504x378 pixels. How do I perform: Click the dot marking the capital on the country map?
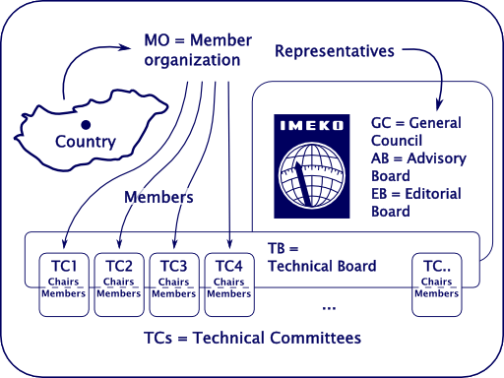coord(86,124)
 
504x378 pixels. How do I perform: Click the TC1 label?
coord(64,265)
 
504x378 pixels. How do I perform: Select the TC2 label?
coord(119,265)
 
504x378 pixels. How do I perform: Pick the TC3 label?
coord(173,265)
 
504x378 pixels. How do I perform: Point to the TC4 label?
coord(228,265)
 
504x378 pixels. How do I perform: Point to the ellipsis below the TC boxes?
coord(329,308)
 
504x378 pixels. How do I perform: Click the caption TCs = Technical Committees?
coord(252,338)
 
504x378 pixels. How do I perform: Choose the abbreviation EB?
coord(382,194)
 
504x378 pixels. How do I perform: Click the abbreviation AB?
coord(382,158)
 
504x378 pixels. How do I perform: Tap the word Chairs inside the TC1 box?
coord(64,281)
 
